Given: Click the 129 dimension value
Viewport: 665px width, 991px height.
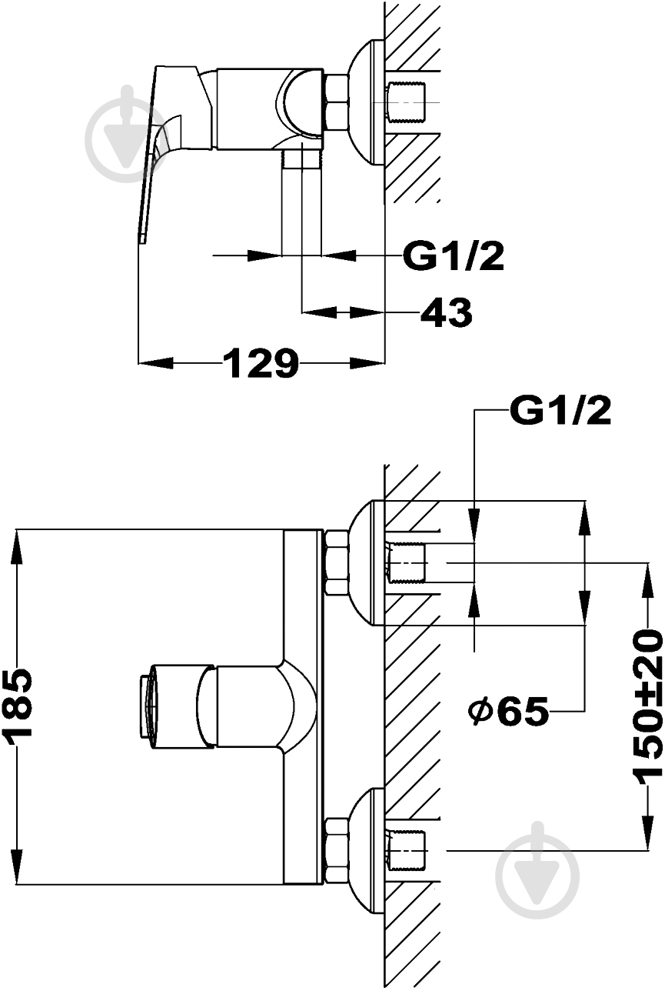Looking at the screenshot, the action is point(261,364).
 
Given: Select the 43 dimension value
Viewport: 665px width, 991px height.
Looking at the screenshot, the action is point(446,313).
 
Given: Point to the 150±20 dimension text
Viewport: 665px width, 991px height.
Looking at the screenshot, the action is point(648,705).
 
